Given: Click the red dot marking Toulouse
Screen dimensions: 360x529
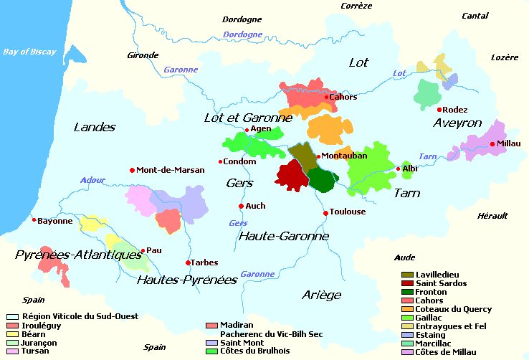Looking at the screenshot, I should [325, 212].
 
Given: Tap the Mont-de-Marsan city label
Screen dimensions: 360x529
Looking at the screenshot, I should [171, 170].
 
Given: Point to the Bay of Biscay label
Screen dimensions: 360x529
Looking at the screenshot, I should [29, 52].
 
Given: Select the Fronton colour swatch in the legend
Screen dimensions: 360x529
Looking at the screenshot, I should [407, 293].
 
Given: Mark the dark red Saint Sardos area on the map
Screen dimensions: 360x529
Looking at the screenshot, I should [290, 175].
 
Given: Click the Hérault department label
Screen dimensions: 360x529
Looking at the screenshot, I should [492, 216].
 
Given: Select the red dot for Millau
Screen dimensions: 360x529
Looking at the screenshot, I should [492, 144].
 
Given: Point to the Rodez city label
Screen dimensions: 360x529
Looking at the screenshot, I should [455, 110].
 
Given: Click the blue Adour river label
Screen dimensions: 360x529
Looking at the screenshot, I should [92, 180].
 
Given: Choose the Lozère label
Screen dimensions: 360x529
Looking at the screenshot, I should [504, 57].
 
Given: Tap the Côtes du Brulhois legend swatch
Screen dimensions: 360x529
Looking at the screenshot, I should [211, 351].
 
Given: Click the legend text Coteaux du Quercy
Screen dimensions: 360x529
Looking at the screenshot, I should [453, 309].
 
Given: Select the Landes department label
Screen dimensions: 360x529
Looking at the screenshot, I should [94, 128].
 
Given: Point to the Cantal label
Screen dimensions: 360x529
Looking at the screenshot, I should [475, 15].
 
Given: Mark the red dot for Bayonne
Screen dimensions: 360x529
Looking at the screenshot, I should [34, 220].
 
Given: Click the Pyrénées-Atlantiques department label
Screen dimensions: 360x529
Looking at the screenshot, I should [79, 255].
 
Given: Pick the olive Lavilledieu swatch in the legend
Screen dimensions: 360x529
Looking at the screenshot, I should [407, 275].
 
